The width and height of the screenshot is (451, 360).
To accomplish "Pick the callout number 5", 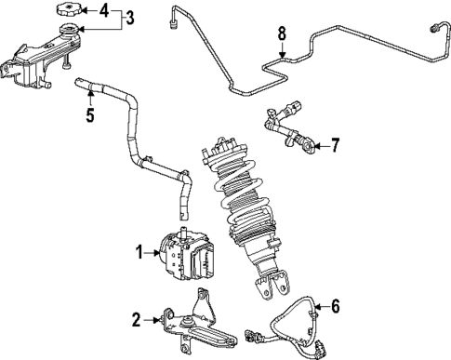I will pyautogui.click(x=89, y=118).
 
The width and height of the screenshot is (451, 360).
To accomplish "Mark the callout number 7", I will pyautogui.click(x=336, y=146).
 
